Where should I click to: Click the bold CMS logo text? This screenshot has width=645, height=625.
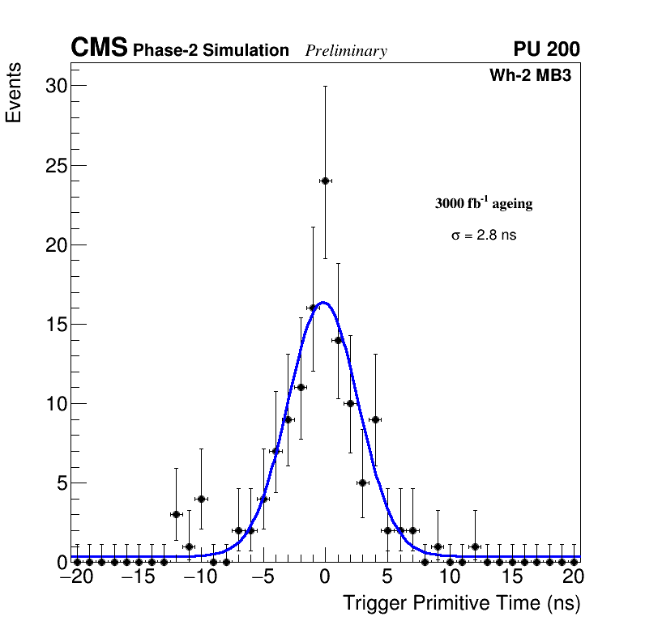99,49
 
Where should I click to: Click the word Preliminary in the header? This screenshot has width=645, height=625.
346,51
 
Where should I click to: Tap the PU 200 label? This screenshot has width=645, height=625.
546,49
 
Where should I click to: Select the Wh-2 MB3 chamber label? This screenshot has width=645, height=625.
531,76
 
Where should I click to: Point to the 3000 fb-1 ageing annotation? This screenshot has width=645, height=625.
484,203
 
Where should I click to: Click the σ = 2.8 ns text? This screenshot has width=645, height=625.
484,236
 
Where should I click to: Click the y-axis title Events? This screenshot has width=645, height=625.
14,93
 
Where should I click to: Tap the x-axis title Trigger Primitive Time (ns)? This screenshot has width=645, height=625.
462,603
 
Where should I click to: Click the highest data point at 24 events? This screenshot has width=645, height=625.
325,181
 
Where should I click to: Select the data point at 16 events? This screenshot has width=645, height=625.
313,308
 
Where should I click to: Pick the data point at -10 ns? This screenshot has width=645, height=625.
201,499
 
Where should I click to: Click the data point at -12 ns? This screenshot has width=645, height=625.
176,514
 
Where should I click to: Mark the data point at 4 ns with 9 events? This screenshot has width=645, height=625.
375,419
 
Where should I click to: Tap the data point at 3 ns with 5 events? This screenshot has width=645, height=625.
362,483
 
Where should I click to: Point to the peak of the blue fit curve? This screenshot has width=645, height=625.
323,303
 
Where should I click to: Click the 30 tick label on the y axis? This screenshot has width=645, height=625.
55,87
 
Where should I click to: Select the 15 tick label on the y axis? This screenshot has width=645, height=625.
55,325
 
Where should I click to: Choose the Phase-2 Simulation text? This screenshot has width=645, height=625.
211,51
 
